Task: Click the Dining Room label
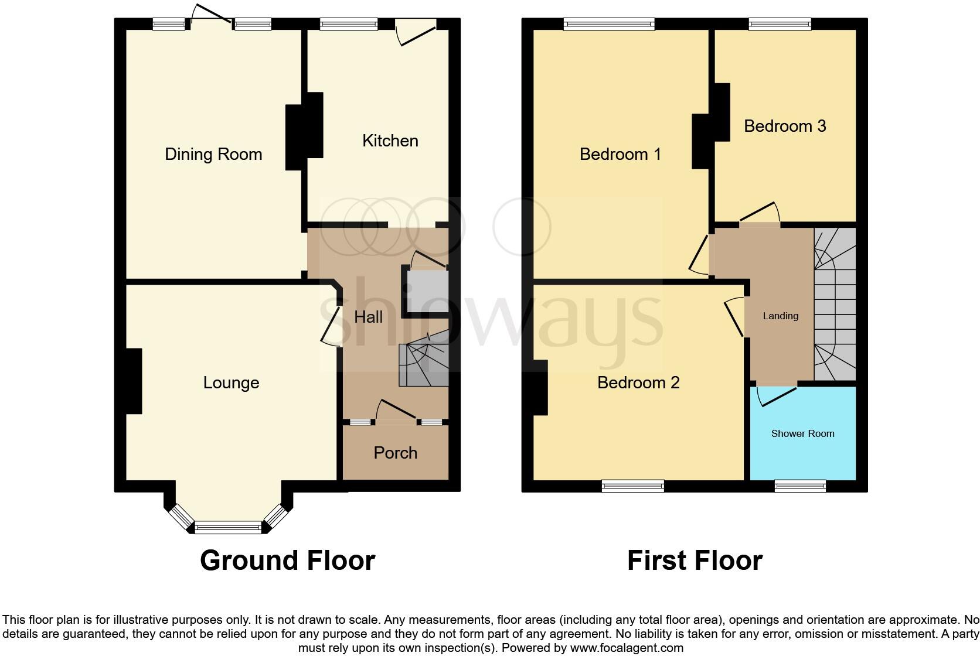(213, 154)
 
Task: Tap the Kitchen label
(390, 141)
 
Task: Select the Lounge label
(231, 382)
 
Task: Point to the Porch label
(395, 453)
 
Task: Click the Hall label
(368, 317)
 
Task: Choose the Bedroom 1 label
(620, 154)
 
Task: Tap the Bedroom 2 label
(638, 382)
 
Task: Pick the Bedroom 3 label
(785, 126)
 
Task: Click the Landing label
(780, 316)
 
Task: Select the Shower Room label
(802, 433)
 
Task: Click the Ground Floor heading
(287, 561)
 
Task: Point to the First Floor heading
(695, 561)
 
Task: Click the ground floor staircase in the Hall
(423, 364)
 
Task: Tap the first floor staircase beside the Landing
(835, 305)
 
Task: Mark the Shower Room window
(800, 485)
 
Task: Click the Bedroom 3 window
(780, 24)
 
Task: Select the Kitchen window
(349, 24)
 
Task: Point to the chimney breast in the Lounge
(133, 381)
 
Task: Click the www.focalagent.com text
(627, 648)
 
